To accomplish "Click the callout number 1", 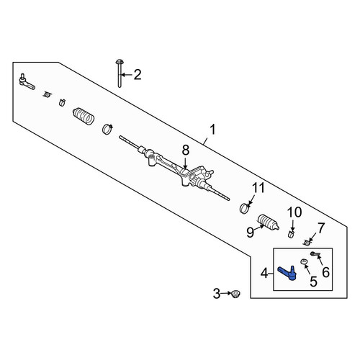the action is click(212, 130).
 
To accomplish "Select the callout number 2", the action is click(138, 75).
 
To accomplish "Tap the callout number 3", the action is click(217, 294).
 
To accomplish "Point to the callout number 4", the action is click(264, 274).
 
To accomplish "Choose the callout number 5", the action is click(313, 282).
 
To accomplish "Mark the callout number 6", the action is click(325, 272).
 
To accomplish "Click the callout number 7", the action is click(321, 228).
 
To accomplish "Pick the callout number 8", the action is click(186, 150).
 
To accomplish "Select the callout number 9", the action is click(251, 232).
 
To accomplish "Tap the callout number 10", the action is click(294, 212).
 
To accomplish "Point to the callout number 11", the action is click(258, 188).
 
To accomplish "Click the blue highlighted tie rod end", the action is click(287, 273).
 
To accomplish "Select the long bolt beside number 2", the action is click(120, 73).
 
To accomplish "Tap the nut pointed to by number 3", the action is click(236, 294).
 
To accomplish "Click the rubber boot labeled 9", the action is click(268, 222).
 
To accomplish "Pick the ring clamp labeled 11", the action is click(245, 208).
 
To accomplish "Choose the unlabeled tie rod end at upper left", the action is click(27, 81).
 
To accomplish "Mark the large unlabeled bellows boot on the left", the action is click(84, 117).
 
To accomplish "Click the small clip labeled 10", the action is click(291, 234).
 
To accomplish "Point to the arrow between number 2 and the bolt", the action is click(126, 75).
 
